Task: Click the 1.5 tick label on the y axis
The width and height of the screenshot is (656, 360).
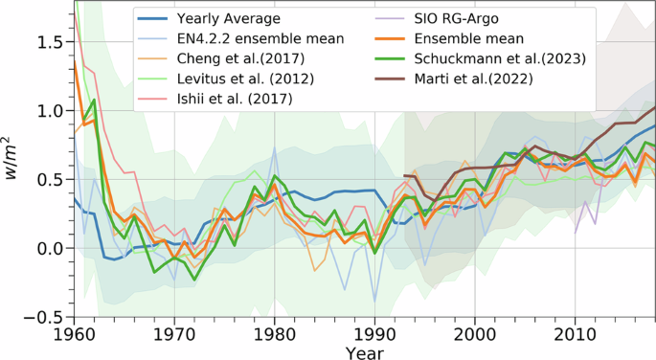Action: tap(53, 42)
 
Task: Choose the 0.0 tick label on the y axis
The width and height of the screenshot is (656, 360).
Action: tap(53, 248)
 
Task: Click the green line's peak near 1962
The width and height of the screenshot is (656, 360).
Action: tap(94, 100)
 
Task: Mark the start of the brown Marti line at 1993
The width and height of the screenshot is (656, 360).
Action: tap(405, 175)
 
